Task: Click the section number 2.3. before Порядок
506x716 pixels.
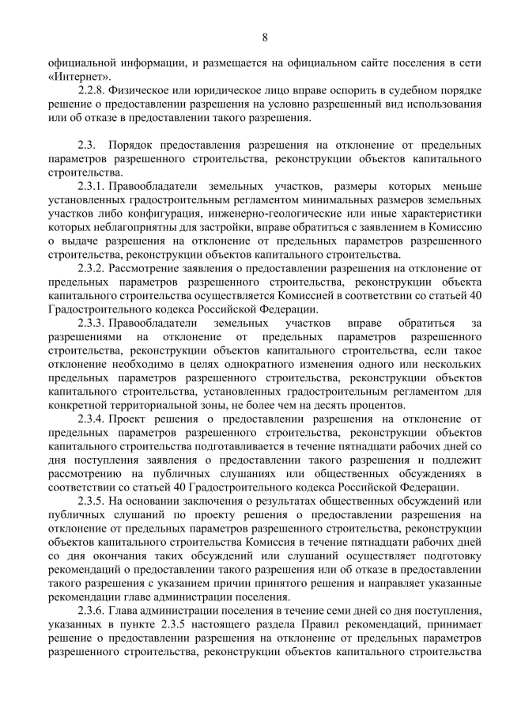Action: pos(87,146)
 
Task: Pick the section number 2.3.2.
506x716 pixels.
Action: pos(91,269)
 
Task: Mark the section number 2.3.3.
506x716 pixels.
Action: pos(91,324)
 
